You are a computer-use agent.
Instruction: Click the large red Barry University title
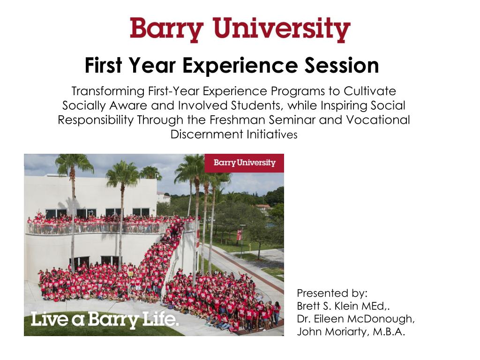point(240,30)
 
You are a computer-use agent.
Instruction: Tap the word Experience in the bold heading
point(240,66)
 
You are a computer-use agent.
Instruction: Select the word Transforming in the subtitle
point(108,91)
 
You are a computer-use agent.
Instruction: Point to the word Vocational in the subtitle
point(378,120)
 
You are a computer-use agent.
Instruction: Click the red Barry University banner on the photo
point(244,163)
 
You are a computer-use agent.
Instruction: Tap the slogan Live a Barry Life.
point(105,320)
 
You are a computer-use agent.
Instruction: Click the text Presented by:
point(332,293)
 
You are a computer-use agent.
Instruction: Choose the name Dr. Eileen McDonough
point(356,319)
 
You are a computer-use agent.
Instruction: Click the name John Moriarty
point(331,332)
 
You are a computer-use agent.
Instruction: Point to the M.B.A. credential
point(389,332)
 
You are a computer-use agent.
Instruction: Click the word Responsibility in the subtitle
point(96,120)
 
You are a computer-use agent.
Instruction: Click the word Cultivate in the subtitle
point(370,91)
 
